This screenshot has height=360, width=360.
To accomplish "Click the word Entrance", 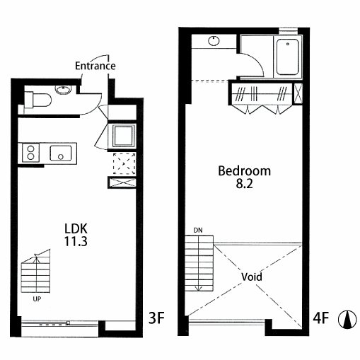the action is (95, 66).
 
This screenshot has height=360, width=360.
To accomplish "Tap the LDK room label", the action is (76, 228).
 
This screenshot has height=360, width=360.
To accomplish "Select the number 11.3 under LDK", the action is (76, 241).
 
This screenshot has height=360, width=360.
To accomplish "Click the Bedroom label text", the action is (244, 171).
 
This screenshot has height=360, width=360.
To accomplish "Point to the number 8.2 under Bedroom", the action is (244, 184).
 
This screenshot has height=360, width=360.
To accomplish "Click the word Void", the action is (252, 277).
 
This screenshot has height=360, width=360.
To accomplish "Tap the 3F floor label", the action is (156, 318).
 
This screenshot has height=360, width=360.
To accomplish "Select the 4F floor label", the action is (320, 318).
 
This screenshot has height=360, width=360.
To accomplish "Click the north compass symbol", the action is (347, 320).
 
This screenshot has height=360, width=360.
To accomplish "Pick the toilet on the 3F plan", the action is (37, 100).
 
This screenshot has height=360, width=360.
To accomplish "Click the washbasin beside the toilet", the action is (63, 90).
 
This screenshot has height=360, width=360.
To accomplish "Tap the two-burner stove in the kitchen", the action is (30, 153).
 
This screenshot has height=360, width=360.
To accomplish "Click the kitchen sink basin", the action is (61, 153).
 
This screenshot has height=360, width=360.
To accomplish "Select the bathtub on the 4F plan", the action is (288, 57).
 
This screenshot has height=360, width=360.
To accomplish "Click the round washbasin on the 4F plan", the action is (214, 41).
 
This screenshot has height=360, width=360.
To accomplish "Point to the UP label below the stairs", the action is (37, 299).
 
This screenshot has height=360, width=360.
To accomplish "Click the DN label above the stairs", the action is (198, 231).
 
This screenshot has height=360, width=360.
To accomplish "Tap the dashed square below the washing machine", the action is (124, 164).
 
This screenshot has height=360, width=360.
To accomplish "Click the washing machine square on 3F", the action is (122, 136).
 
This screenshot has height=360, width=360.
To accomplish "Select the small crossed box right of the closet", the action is (298, 93).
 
